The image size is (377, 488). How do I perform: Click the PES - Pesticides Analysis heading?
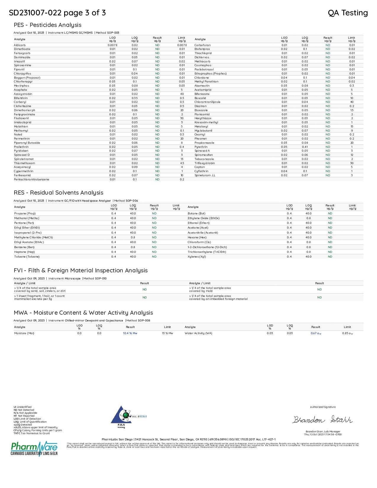click(47, 25)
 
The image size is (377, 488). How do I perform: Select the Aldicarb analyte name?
click(20, 45)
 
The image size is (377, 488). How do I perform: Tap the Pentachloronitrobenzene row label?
click(31, 179)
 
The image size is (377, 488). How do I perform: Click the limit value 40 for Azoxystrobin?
click(182, 94)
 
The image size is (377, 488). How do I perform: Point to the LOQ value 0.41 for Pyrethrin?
click(305, 147)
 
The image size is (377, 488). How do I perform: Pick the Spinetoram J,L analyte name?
click(205, 175)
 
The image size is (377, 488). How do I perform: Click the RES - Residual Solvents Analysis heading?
click(58, 193)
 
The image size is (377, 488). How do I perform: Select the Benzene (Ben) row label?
click(24, 247)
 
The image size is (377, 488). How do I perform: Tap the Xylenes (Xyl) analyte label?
click(197, 256)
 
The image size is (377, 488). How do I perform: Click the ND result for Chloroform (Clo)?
click(330, 242)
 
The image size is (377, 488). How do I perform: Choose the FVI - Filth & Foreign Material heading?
click(80, 270)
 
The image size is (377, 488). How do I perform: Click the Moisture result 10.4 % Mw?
click(130, 333)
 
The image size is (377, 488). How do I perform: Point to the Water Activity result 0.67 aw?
click(316, 333)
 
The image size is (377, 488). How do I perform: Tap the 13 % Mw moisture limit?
click(167, 333)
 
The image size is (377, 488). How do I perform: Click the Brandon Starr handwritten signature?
click(323, 420)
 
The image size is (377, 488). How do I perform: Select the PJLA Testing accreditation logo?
click(121, 417)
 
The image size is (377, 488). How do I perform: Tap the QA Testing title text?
click(348, 13)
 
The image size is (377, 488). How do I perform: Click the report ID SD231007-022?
click(35, 13)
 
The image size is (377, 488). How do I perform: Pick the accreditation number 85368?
click(143, 416)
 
